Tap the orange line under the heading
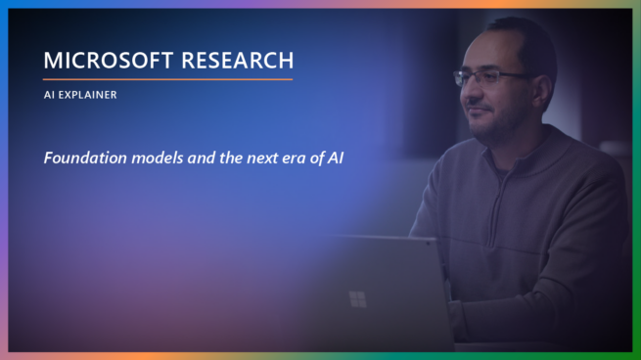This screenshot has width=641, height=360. pos(167,79)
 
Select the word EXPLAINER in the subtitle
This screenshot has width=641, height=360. pos(88,95)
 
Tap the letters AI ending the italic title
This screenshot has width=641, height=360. pos(336,157)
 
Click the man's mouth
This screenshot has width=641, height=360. pos(477,108)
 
